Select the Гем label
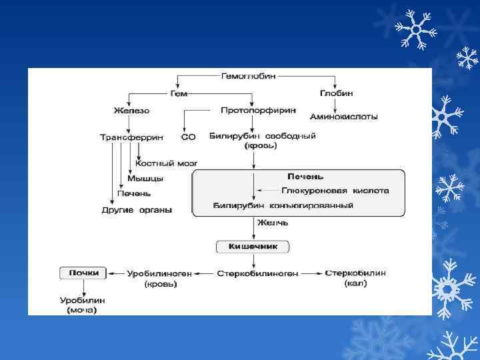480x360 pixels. click(x=179, y=94)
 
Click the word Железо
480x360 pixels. click(x=131, y=110)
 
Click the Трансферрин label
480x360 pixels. click(x=131, y=137)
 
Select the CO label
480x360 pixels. click(x=188, y=137)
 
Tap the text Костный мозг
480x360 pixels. click(x=167, y=163)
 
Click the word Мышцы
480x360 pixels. click(x=145, y=178)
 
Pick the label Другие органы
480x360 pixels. click(x=137, y=210)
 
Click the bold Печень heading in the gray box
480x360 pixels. click(x=305, y=177)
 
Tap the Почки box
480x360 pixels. click(x=83, y=273)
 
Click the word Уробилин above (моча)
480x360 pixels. click(x=81, y=300)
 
